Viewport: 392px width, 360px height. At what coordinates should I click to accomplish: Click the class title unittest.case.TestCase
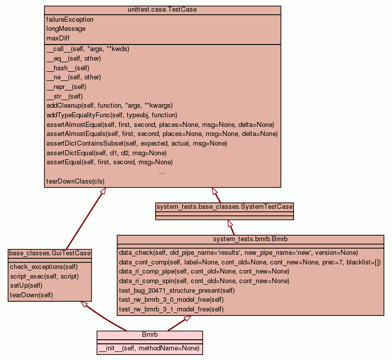click(162, 10)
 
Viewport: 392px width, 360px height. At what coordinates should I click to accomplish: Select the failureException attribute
click(70, 20)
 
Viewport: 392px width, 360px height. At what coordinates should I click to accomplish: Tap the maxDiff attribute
click(58, 38)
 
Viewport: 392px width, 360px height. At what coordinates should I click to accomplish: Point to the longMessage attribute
click(66, 29)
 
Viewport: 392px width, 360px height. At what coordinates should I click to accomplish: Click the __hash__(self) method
click(68, 68)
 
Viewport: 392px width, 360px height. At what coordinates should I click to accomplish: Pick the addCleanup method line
click(109, 106)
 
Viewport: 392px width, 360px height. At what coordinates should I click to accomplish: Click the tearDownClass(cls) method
click(76, 181)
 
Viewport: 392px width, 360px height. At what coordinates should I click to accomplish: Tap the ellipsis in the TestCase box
click(162, 172)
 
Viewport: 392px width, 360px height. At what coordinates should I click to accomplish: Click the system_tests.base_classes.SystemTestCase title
click(224, 207)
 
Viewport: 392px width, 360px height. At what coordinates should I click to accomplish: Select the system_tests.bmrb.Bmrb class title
click(250, 239)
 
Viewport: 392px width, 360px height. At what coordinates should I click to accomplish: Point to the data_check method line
click(238, 252)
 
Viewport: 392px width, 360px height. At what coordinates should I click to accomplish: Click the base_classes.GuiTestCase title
click(50, 253)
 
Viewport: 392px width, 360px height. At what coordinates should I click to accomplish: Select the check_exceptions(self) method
click(43, 266)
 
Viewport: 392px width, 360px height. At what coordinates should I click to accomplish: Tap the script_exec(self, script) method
click(44, 276)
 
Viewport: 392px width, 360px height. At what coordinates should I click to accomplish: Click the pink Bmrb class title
click(150, 335)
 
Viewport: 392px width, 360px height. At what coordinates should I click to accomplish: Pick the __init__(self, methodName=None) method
click(149, 348)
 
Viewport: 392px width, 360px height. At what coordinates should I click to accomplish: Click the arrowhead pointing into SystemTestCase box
click(230, 223)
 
